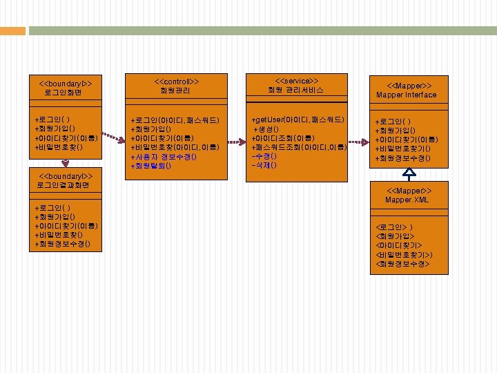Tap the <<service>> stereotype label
tap(296, 81)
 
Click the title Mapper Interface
tap(407, 95)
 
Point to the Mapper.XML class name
tap(407, 200)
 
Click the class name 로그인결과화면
tap(64, 185)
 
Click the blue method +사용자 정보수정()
tap(164, 157)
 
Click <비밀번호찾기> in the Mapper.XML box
tap(405, 255)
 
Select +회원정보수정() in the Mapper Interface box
tap(402, 158)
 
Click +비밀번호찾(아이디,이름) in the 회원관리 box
tap(175, 148)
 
